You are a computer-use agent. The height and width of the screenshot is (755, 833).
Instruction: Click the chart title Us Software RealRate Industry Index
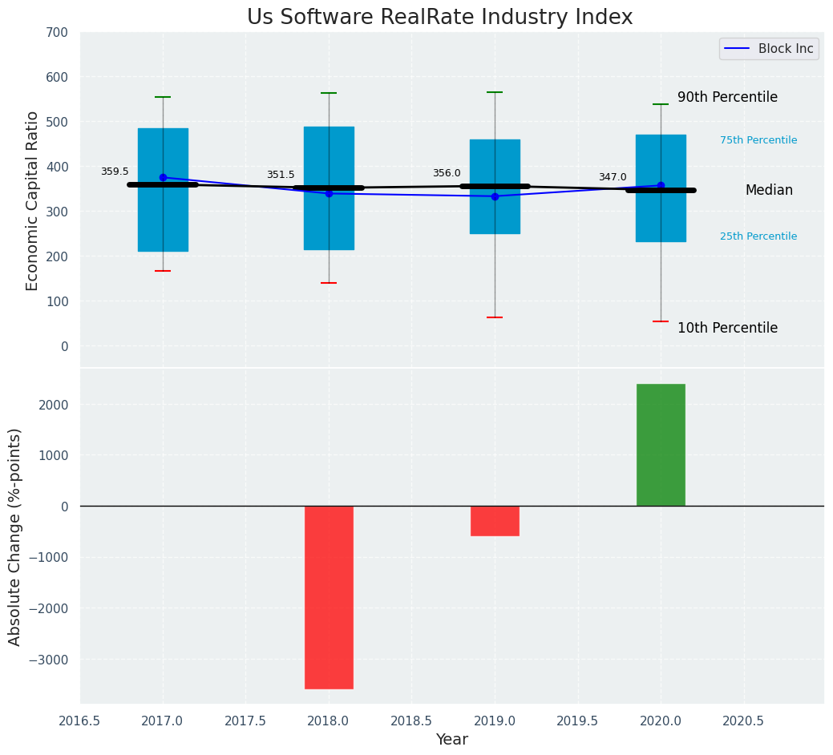tap(439, 18)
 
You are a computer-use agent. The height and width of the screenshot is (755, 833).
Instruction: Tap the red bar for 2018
tap(329, 597)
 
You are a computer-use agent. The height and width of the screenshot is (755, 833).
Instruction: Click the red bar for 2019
tap(495, 521)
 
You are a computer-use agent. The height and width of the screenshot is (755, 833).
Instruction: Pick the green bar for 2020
tap(661, 445)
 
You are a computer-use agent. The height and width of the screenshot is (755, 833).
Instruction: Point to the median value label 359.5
tap(115, 172)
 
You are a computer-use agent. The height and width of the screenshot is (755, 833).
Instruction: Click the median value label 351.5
tap(281, 175)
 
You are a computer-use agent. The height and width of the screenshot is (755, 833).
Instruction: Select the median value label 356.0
tap(447, 173)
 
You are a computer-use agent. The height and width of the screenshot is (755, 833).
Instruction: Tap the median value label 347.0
tap(613, 177)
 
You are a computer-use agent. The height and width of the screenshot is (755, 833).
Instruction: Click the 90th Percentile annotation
tap(727, 97)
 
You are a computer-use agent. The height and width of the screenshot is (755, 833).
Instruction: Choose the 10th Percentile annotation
tap(727, 328)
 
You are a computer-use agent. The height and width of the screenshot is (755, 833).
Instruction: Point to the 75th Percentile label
tap(758, 140)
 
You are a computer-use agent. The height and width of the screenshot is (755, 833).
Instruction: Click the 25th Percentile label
tap(758, 236)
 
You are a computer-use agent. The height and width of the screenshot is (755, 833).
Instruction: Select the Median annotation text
tap(769, 190)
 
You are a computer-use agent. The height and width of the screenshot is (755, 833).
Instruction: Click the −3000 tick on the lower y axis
tap(51, 660)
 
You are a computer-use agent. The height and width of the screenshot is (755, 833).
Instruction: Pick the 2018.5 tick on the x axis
tap(411, 721)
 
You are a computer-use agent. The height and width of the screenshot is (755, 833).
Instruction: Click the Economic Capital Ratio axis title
tap(33, 200)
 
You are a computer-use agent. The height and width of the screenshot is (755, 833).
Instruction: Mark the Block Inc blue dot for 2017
tap(163, 177)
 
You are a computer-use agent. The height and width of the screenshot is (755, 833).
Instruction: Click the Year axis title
tap(452, 740)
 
